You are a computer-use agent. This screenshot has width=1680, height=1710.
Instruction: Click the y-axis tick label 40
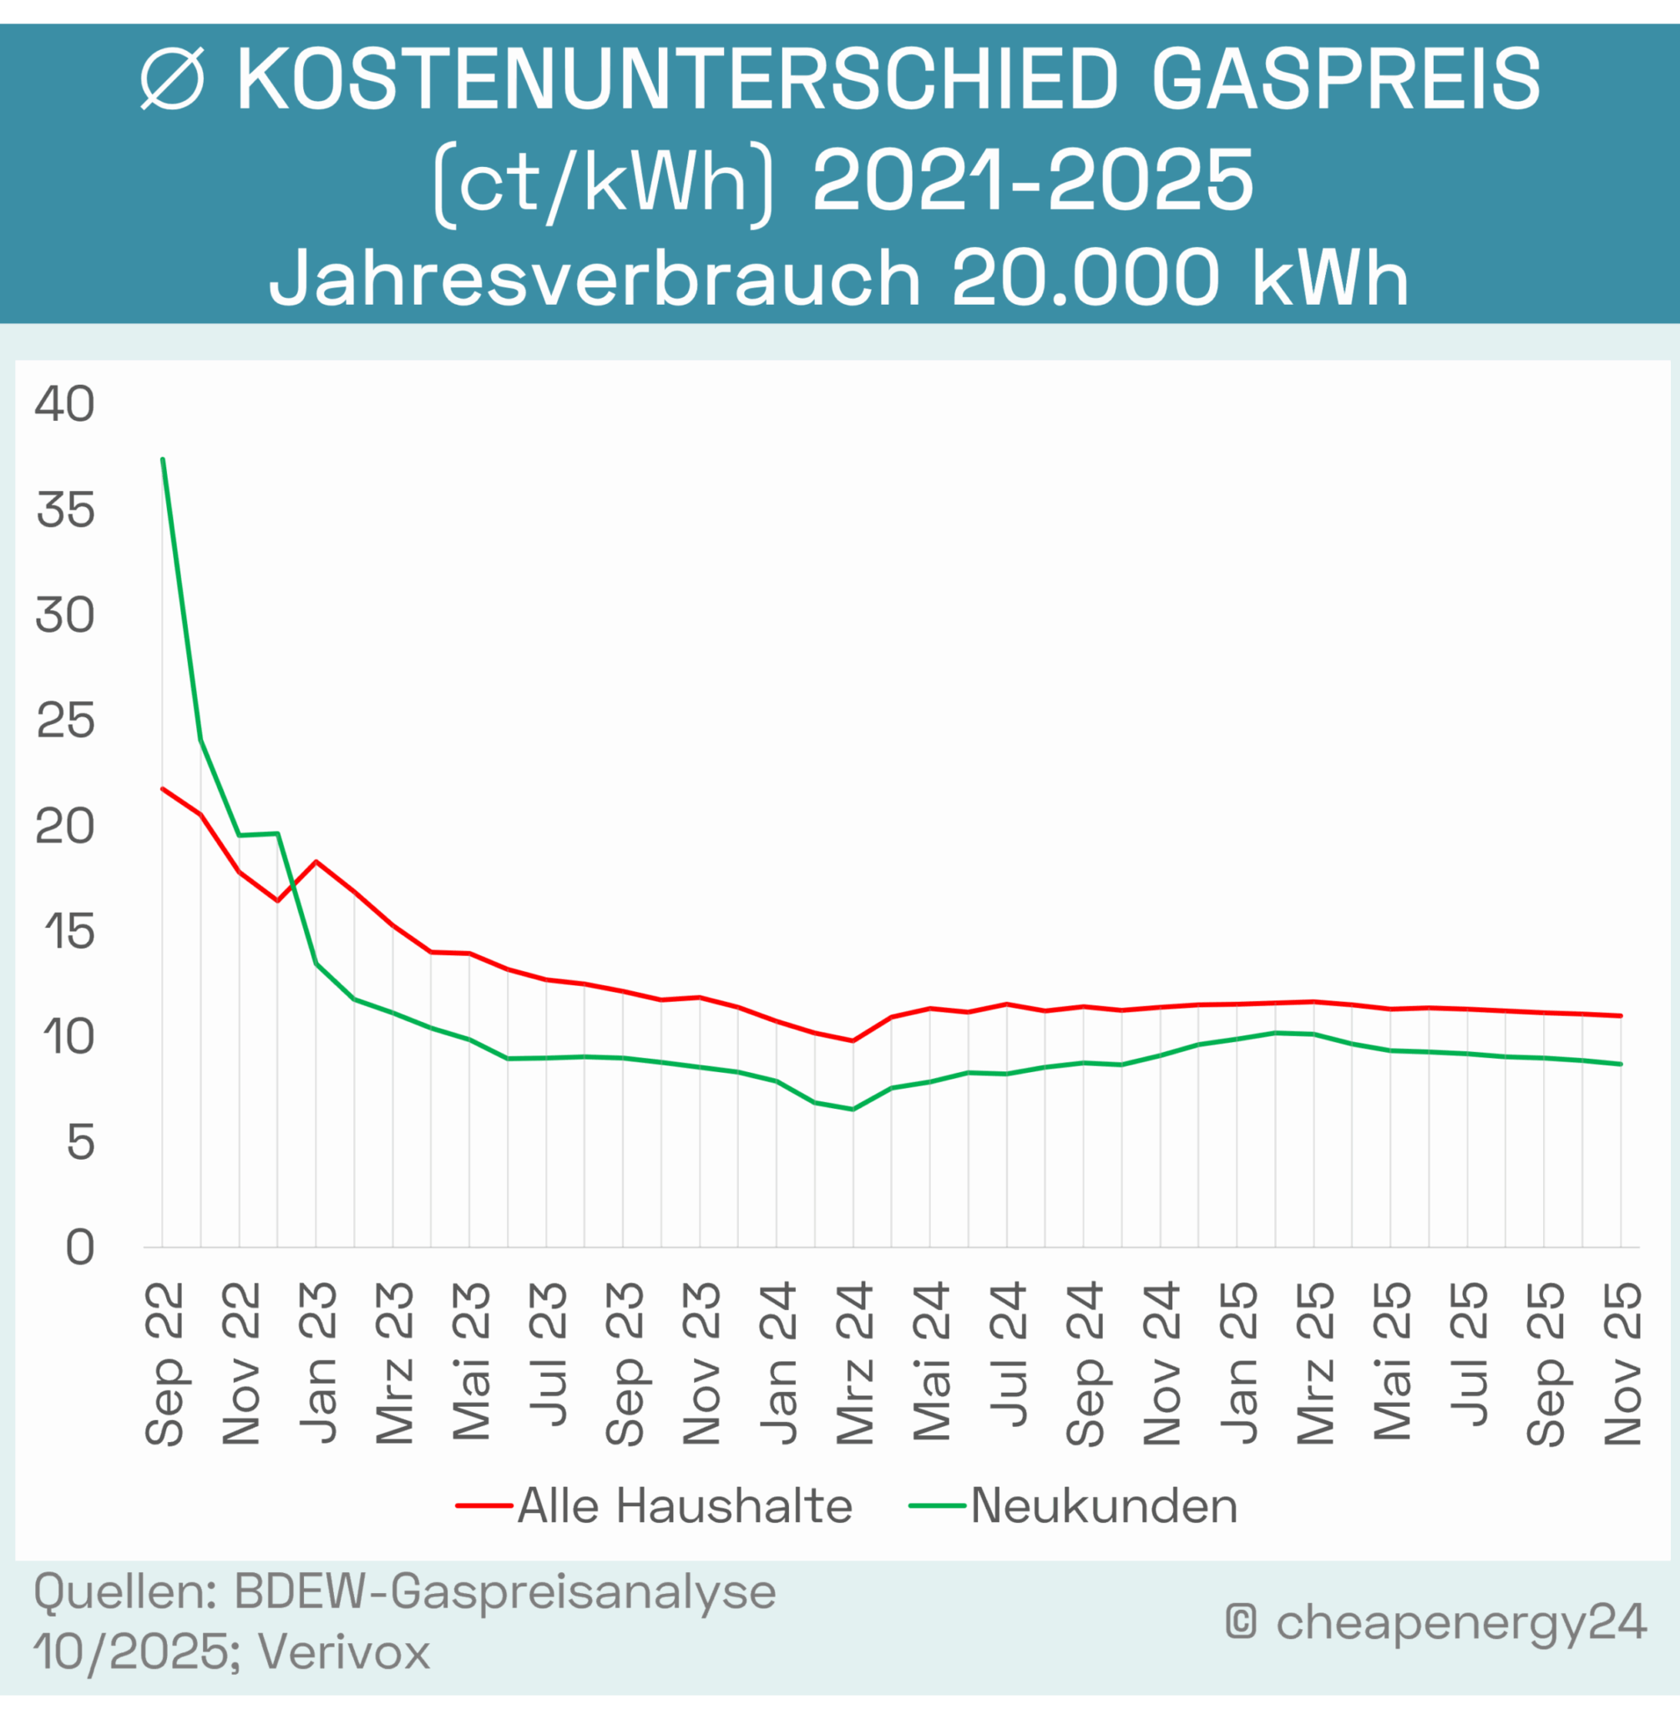click(x=64, y=405)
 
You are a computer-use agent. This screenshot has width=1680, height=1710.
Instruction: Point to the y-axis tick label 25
click(x=64, y=721)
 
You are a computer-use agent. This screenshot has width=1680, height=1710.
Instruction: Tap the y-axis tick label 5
click(x=79, y=1144)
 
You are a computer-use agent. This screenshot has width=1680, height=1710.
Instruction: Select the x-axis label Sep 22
click(x=164, y=1363)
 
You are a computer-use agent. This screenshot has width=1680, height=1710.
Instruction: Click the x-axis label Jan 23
click(x=317, y=1363)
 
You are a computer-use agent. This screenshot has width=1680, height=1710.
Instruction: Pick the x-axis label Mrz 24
click(x=854, y=1363)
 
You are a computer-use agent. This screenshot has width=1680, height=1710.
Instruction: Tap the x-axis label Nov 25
click(x=1622, y=1363)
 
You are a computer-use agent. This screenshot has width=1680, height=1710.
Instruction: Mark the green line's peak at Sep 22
click(x=162, y=459)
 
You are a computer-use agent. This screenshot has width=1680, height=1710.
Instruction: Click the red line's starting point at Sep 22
click(x=162, y=788)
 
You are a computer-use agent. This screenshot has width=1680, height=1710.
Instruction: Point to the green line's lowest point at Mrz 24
click(x=853, y=1109)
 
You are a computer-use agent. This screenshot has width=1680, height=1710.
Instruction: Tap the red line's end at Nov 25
click(x=1621, y=1015)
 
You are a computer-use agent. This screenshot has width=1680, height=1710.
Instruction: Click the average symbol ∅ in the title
click(x=173, y=79)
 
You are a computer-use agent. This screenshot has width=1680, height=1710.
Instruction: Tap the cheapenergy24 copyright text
click(x=1460, y=1621)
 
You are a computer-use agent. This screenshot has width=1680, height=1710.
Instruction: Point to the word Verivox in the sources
click(x=344, y=1651)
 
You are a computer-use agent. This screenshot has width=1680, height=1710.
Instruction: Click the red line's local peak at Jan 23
click(x=316, y=861)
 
